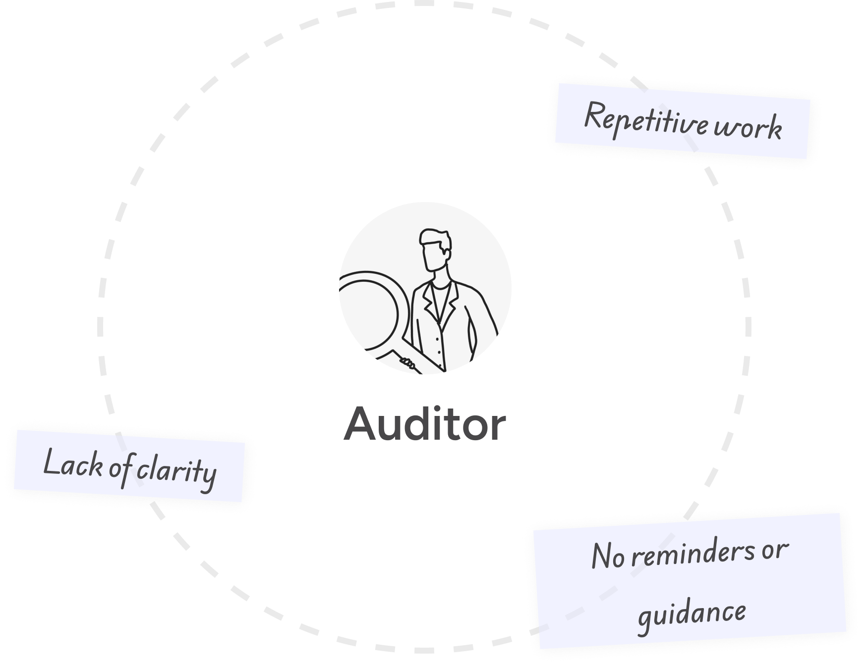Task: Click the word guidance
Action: coord(691,615)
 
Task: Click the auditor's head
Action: coord(435,253)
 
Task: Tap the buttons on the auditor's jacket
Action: coord(438,342)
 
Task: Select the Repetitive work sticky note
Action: coord(682,122)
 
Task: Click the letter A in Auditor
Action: coord(360,424)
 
